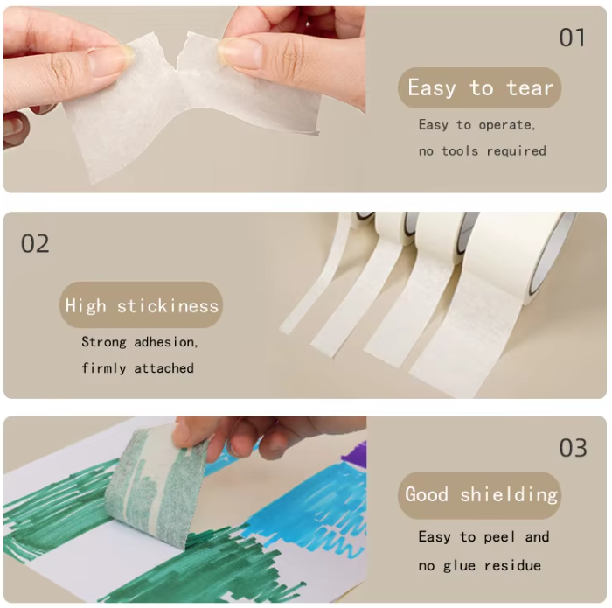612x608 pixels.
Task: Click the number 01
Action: pos(572,38)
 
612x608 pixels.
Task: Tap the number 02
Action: pos(35,244)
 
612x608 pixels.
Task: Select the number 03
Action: pos(573,448)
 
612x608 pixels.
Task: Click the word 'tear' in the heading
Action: pos(530,88)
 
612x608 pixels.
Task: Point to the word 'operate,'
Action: pos(507,125)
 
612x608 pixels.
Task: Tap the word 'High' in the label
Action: pos(86,305)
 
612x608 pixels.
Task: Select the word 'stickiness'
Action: pos(168,306)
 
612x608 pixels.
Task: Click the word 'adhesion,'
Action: pos(166,342)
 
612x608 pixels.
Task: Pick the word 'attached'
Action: pos(164,368)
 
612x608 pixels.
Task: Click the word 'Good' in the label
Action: pos(427,494)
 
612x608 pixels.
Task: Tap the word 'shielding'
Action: pos(509,495)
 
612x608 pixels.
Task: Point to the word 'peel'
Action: pos(499,537)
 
